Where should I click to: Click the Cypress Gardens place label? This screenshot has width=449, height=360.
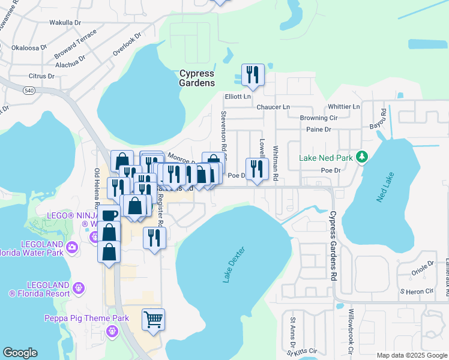tap(197, 78)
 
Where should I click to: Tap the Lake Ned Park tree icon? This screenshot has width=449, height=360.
tap(361, 157)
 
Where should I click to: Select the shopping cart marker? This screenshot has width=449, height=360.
tap(153, 319)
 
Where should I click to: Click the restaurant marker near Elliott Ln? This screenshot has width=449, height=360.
tap(252, 76)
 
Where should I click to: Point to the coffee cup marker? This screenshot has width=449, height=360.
tap(109, 215)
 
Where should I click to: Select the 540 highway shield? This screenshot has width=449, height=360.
tap(28, 90)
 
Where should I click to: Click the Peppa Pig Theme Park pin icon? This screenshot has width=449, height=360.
tap(112, 331)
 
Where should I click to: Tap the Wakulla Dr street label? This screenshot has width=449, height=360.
tap(65, 23)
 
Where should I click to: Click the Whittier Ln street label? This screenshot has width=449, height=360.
tap(343, 107)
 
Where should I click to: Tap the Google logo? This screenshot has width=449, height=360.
tap(20, 353)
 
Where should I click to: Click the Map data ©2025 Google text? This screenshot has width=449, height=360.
tap(411, 355)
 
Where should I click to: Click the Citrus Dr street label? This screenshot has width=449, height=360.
tap(41, 76)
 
